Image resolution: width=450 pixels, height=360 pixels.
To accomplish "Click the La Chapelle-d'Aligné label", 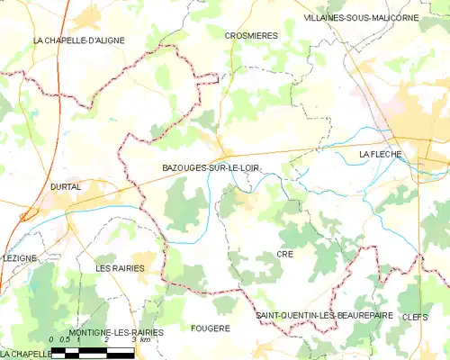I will pos(78,40).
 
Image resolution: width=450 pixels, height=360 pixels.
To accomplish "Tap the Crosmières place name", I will pos(251,35).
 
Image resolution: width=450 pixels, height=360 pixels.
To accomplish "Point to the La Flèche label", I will pos(380,155).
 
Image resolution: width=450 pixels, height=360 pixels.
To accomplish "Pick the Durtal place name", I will pos(66,186).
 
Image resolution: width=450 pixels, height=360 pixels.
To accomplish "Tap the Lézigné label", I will pos(20,257).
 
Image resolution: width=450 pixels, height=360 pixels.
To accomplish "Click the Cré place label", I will pos(285,255).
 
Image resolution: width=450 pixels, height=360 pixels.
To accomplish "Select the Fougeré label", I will pos(211,328).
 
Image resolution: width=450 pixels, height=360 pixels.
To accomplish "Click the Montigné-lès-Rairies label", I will pos(117,332).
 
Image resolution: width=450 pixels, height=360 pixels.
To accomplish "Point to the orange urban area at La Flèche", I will pos(423,126).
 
